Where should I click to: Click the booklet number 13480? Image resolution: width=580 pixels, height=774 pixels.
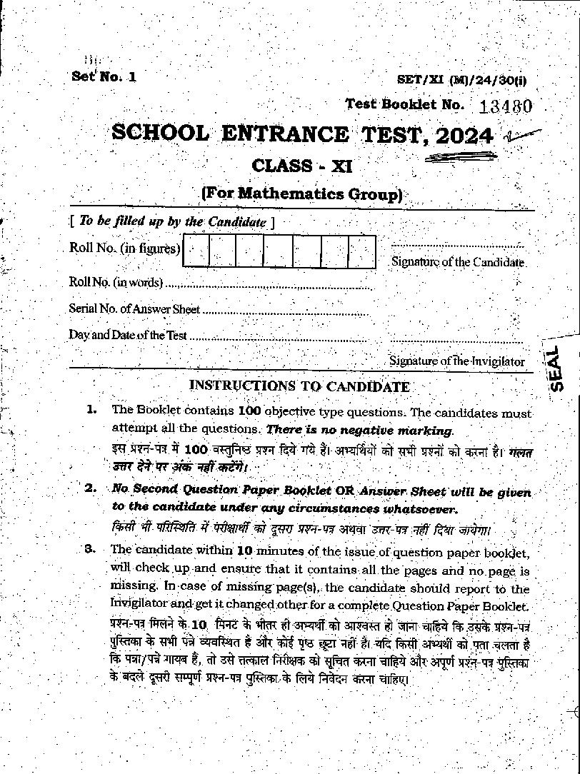(x=506, y=106)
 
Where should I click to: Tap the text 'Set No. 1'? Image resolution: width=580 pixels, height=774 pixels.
(x=104, y=76)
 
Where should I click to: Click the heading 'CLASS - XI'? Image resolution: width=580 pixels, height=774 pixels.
(x=302, y=166)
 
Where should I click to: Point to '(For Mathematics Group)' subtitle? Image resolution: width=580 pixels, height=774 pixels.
(x=301, y=193)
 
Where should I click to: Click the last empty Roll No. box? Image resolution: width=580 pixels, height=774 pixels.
(x=362, y=252)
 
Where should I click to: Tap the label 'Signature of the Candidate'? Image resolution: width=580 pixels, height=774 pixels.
(x=458, y=262)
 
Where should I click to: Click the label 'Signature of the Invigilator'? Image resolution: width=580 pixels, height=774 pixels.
(x=457, y=361)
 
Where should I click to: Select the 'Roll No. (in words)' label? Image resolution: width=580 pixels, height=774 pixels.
(x=116, y=282)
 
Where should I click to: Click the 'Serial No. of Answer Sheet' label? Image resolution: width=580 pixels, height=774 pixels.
(x=134, y=308)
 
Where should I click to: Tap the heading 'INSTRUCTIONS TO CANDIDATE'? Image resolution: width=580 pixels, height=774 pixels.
(x=299, y=386)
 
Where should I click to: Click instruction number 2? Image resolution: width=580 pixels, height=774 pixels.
(x=91, y=488)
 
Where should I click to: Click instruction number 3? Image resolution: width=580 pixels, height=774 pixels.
(x=90, y=549)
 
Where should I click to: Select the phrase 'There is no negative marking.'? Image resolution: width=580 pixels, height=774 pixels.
(x=359, y=431)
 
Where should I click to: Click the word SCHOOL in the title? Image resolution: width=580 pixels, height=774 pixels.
(x=161, y=134)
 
